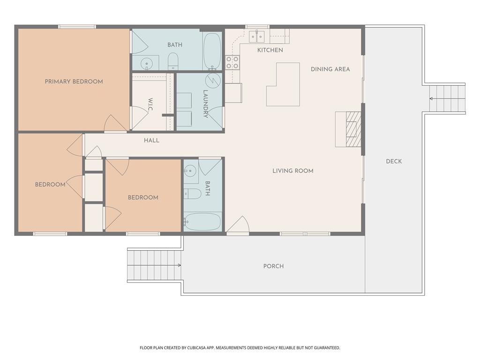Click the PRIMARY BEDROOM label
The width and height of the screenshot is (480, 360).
tap(74, 82)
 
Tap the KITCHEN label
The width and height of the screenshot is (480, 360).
tap(270, 50)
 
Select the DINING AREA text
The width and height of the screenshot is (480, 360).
tap(330, 69)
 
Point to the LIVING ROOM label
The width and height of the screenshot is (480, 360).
tap(293, 171)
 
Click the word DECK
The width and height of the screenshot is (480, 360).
tap(394, 161)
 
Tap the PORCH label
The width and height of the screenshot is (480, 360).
tap(273, 266)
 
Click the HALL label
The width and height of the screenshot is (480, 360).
tap(151, 141)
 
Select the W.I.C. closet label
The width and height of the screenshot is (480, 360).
tap(150, 105)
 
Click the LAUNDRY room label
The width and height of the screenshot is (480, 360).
tap(205, 104)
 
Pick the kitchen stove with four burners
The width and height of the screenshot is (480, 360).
tap(232, 62)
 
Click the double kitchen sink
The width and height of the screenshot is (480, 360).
tap(256, 37)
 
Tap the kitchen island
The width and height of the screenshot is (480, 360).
tap(283, 84)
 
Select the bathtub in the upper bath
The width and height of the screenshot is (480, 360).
tap(212, 51)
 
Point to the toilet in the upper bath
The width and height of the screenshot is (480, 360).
tap(173, 61)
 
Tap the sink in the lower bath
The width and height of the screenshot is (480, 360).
tap(191, 171)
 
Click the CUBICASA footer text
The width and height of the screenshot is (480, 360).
tap(240, 348)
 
